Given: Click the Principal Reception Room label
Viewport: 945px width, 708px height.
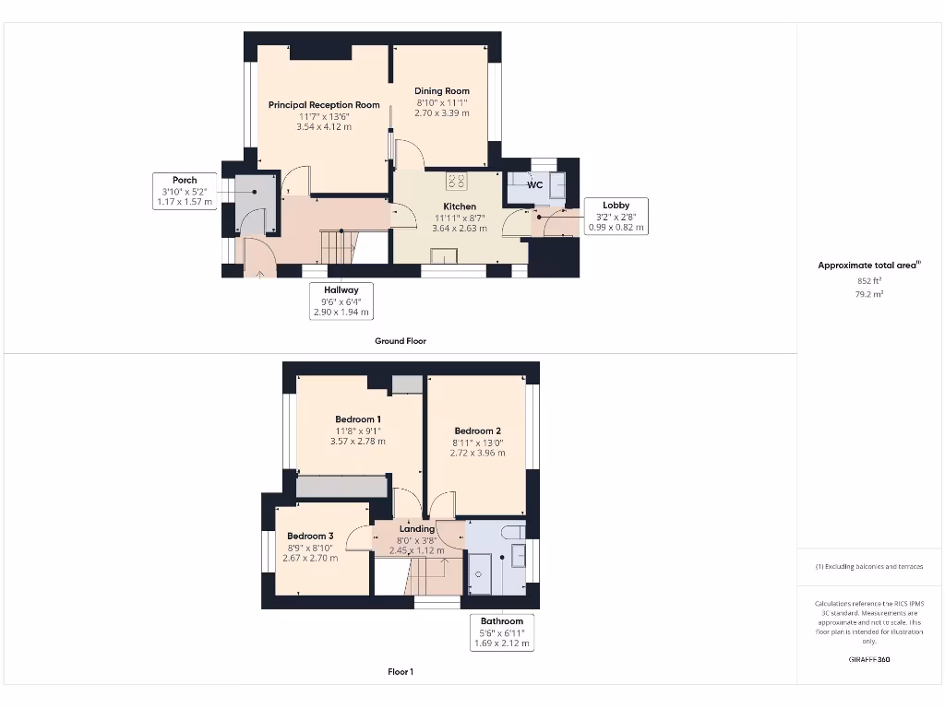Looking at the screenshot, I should (324, 105).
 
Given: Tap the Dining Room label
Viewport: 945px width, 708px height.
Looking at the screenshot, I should (442, 91).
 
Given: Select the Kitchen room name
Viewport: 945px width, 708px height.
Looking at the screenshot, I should (460, 206).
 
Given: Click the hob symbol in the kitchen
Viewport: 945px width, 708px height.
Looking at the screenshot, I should (457, 181).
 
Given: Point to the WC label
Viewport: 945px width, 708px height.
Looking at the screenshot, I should (534, 184).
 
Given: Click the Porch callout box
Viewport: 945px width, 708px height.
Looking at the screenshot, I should (184, 191).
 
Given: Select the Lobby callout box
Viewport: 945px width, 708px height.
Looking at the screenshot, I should (616, 216).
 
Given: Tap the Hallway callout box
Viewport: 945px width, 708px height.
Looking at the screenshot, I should (341, 301).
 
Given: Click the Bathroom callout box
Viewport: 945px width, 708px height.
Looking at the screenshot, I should (501, 632).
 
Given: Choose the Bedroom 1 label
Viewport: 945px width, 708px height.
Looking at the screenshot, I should (357, 419).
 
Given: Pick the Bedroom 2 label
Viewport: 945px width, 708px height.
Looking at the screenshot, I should (477, 431).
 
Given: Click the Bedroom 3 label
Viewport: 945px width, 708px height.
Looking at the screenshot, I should (310, 537).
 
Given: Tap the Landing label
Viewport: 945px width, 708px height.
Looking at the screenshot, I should (416, 529).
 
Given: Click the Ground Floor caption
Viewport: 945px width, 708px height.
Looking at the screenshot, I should (401, 341).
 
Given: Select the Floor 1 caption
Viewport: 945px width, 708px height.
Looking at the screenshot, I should (401, 672).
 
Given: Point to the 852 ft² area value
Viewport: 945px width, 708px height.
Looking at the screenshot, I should (869, 280).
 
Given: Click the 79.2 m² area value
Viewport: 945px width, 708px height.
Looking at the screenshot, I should (869, 294).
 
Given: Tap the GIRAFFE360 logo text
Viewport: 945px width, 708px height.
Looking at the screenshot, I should (869, 660).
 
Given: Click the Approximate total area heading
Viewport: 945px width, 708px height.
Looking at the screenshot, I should (869, 265).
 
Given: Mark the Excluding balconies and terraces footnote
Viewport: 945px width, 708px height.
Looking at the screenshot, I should (869, 567).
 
